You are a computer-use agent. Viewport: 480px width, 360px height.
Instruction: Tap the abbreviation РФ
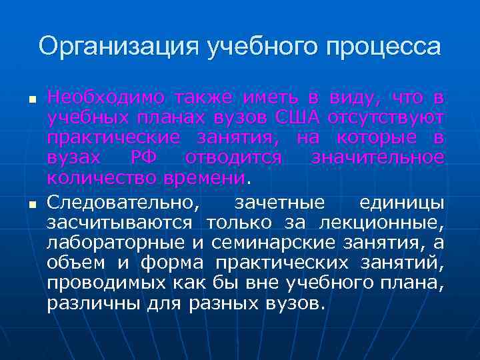click(x=145, y=159)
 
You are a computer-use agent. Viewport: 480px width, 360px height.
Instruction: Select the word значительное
click(x=377, y=159)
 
